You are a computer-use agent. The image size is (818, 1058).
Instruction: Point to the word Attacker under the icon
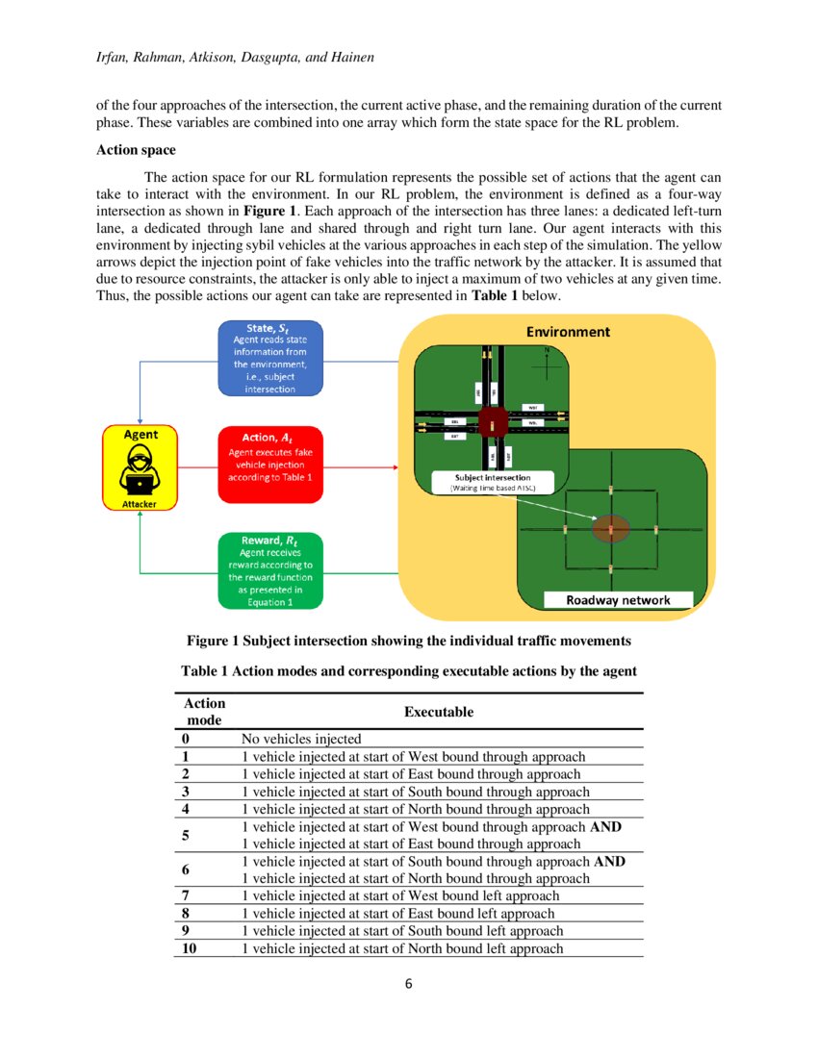tap(141, 503)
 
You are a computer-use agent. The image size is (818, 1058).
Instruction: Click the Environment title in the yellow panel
tap(567, 332)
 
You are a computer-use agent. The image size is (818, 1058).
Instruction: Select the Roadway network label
tap(617, 600)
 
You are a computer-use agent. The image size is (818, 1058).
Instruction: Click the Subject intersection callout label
tap(492, 479)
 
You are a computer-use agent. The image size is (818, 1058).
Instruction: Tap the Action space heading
tap(136, 151)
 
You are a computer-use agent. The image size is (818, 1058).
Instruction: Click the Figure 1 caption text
tap(408, 641)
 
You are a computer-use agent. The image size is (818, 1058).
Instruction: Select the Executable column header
tap(438, 712)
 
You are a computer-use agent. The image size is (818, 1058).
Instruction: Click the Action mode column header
tap(204, 712)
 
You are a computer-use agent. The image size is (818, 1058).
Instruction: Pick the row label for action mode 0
tap(184, 739)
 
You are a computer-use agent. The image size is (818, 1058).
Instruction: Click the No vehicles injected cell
tap(301, 739)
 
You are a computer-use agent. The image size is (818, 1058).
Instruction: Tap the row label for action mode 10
tap(187, 948)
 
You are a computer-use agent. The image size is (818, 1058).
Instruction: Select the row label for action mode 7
tap(184, 895)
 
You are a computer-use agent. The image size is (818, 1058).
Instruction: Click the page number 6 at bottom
tap(408, 984)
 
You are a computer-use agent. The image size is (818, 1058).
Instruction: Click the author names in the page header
tap(235, 59)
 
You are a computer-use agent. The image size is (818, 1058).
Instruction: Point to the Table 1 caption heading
tap(408, 670)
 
